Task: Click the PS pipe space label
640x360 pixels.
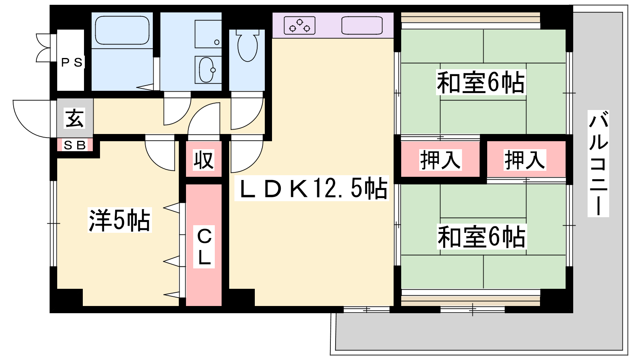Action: [x=72, y=62]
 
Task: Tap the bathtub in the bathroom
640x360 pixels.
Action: [x=122, y=30]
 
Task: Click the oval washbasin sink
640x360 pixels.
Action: [x=207, y=70]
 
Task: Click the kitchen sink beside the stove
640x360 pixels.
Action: [x=362, y=26]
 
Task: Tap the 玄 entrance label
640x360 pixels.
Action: [x=75, y=118]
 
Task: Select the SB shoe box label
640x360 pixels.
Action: [x=75, y=145]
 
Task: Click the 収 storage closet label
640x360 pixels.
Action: [x=204, y=160]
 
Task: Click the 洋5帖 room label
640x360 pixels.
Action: [x=119, y=220]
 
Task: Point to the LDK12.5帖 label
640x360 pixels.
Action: [x=312, y=188]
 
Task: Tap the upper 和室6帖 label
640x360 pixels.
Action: [x=480, y=83]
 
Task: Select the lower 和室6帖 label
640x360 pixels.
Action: [x=481, y=237]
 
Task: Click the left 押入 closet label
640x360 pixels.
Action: [x=440, y=160]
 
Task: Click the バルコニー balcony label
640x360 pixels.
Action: [x=598, y=164]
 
